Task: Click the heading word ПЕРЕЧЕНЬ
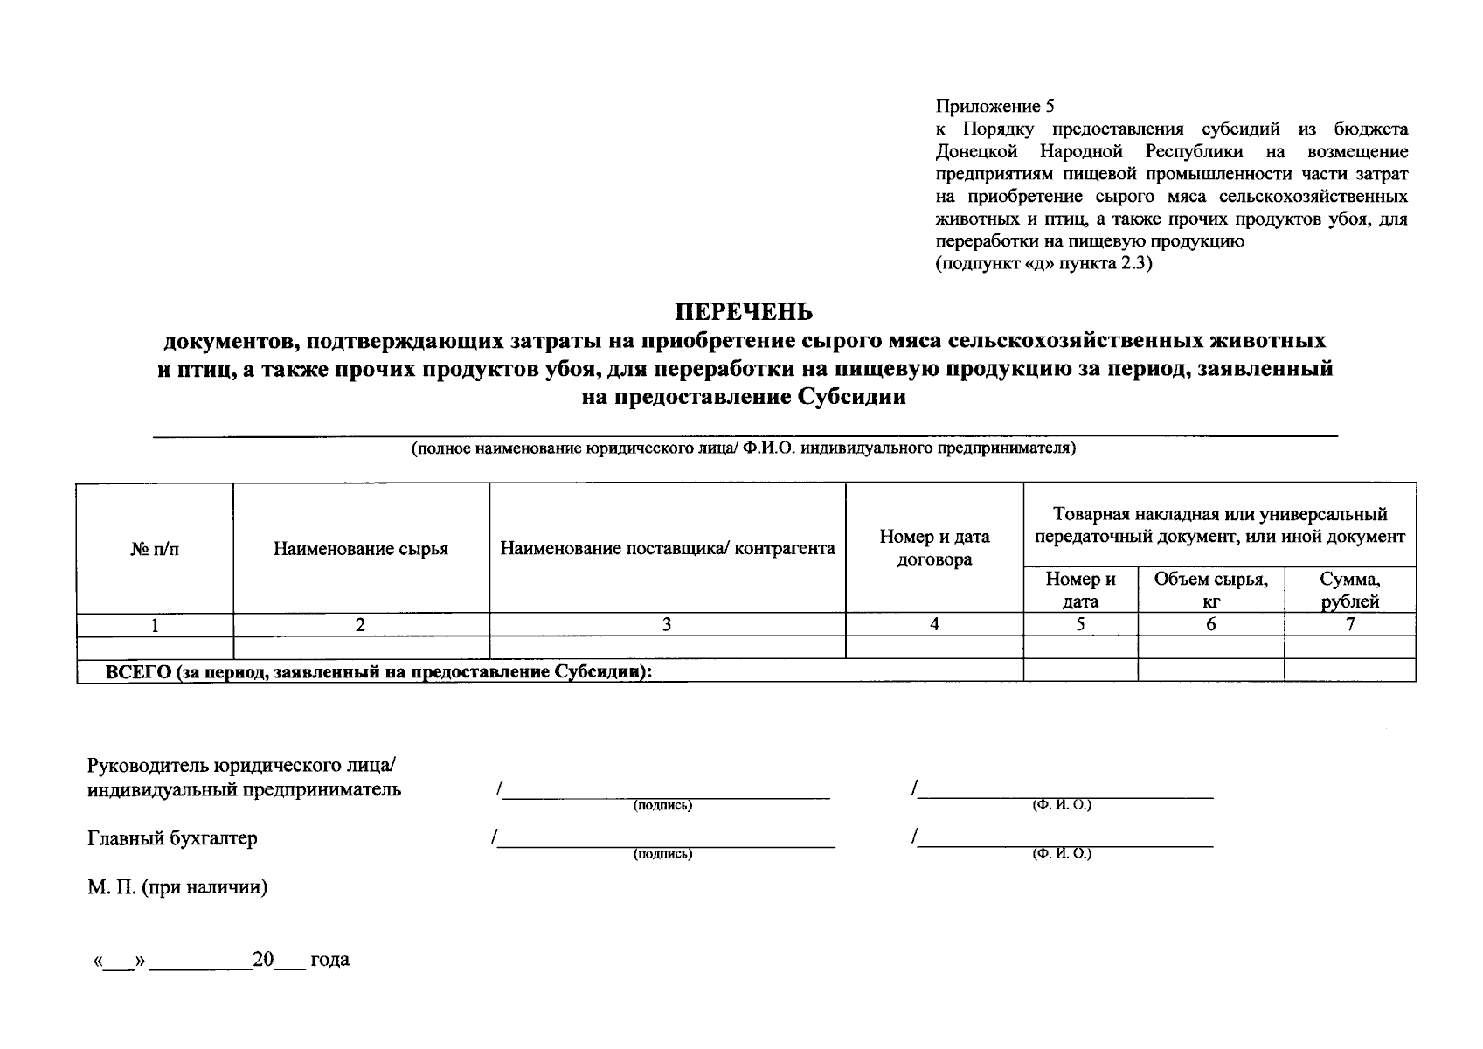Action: tap(744, 312)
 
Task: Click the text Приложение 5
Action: tap(994, 107)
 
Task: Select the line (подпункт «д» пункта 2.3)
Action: tap(1044, 263)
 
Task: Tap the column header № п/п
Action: tap(155, 549)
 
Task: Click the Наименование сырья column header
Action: tap(361, 549)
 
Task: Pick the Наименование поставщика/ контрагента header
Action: tap(668, 549)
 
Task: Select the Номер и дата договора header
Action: tap(934, 548)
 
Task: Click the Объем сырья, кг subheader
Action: tap(1210, 590)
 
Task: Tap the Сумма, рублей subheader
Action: tap(1349, 590)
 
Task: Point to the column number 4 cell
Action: tap(934, 624)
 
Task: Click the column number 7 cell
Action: tap(1349, 624)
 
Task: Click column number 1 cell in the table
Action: tap(155, 625)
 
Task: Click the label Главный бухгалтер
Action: tap(172, 838)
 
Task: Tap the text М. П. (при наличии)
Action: tap(177, 887)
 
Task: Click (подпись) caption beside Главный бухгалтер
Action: tap(662, 854)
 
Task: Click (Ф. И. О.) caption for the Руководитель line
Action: tap(1062, 805)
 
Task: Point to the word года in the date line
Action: tap(329, 960)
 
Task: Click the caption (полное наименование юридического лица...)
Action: tap(744, 448)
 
